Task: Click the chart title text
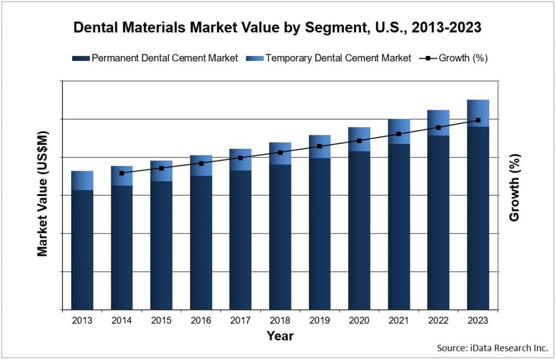click(x=277, y=28)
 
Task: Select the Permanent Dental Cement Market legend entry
click(x=155, y=58)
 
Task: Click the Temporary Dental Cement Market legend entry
click(x=328, y=58)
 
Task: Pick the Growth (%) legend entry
click(x=454, y=58)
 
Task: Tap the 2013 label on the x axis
click(x=82, y=320)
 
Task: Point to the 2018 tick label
click(x=280, y=320)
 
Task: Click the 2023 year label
click(x=478, y=320)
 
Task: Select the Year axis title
click(x=280, y=336)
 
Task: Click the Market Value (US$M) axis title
click(x=43, y=194)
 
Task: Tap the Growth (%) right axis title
click(x=514, y=187)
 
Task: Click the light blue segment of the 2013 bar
click(x=82, y=180)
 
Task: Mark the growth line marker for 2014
click(x=122, y=173)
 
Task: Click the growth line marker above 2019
click(x=320, y=146)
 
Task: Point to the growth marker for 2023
click(x=478, y=120)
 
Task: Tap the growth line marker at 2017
click(x=241, y=158)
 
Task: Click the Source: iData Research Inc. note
click(x=492, y=348)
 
